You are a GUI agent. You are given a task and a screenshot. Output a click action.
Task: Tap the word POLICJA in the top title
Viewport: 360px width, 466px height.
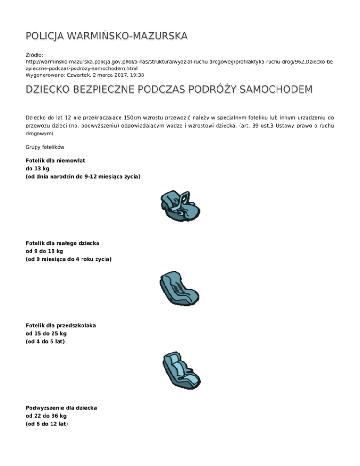click(46, 36)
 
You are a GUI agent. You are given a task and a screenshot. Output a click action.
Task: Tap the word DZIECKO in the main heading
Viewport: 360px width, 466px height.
click(52, 89)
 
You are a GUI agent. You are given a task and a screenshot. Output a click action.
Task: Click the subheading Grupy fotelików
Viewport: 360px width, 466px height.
click(45, 147)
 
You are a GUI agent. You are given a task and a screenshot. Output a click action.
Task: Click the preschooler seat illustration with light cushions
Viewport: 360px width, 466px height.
click(180, 370)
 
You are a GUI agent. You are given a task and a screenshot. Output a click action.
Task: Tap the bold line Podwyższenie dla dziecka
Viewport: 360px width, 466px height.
click(61, 408)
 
